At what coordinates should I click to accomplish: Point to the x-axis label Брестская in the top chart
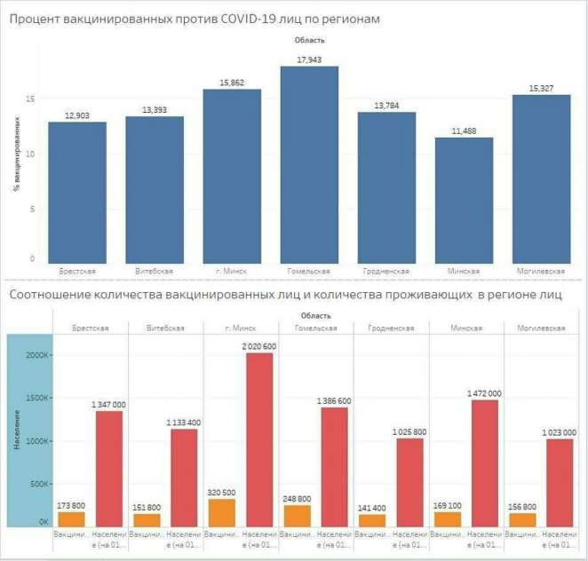77,271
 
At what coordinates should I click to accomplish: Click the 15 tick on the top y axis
30,99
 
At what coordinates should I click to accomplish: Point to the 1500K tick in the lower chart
37,398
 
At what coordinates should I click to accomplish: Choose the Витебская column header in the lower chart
166,328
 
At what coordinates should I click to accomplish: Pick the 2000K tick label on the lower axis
37,354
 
